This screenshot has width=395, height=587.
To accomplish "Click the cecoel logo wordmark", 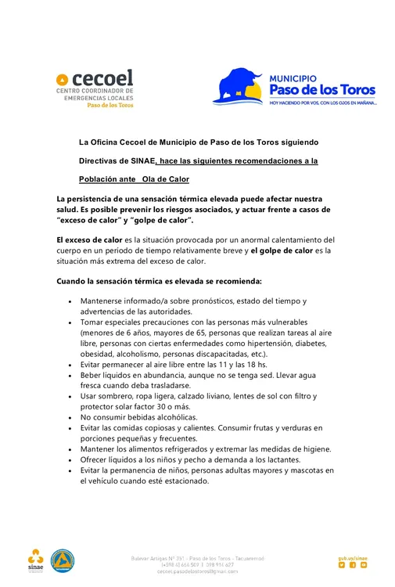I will [x=102, y=78].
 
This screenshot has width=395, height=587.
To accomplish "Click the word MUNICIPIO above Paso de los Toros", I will [x=293, y=78].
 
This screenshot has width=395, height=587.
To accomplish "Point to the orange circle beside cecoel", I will [x=62, y=79].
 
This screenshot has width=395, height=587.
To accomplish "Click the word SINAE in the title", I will [x=135, y=160].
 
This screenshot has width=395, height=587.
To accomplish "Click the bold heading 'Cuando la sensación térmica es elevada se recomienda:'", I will [x=159, y=280].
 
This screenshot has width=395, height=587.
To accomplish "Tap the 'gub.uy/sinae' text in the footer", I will [x=353, y=557].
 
